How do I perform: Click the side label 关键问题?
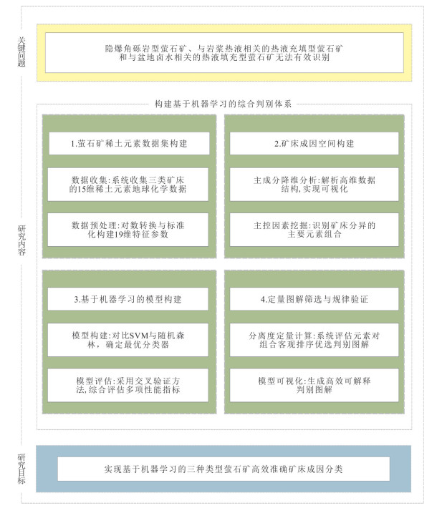(21, 52)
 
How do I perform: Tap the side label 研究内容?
(21, 240)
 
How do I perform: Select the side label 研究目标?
(21, 469)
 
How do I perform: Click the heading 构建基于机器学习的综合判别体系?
(223, 104)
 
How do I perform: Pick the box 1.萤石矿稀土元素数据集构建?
(129, 143)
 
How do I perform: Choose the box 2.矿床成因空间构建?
(314, 143)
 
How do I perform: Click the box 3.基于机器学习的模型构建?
(128, 298)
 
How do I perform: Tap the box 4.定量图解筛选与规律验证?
(314, 298)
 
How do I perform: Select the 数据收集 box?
(128, 185)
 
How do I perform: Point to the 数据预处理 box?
(128, 230)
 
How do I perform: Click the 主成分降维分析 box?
(314, 185)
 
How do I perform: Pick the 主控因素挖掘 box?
(314, 230)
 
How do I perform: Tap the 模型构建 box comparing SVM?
(128, 340)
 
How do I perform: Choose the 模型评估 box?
(128, 385)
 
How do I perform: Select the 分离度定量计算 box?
(314, 340)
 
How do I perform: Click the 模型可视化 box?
(314, 385)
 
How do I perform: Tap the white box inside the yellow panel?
(224, 52)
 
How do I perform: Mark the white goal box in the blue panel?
(224, 469)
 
